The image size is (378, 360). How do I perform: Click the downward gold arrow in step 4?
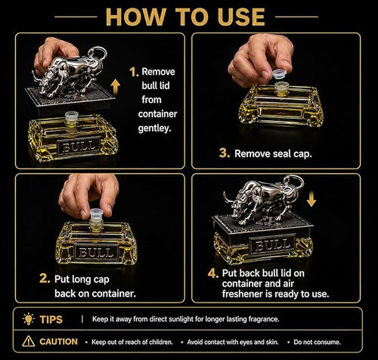(x=311, y=199)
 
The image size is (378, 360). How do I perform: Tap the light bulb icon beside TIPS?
(x=28, y=319)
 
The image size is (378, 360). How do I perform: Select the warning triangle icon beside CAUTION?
(x=29, y=341)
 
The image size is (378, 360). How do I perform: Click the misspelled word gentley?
(x=154, y=129)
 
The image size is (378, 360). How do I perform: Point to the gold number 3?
(x=225, y=153)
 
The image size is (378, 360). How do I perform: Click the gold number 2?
(x=45, y=278)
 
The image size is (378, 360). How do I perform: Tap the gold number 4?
(x=213, y=273)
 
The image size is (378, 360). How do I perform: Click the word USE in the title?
(x=241, y=17)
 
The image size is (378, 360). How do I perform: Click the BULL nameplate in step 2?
(x=96, y=252)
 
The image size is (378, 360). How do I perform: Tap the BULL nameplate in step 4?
(x=271, y=244)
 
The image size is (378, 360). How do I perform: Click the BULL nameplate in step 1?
(x=79, y=145)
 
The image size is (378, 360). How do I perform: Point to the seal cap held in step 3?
(x=280, y=74)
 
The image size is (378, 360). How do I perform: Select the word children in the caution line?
(x=161, y=342)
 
